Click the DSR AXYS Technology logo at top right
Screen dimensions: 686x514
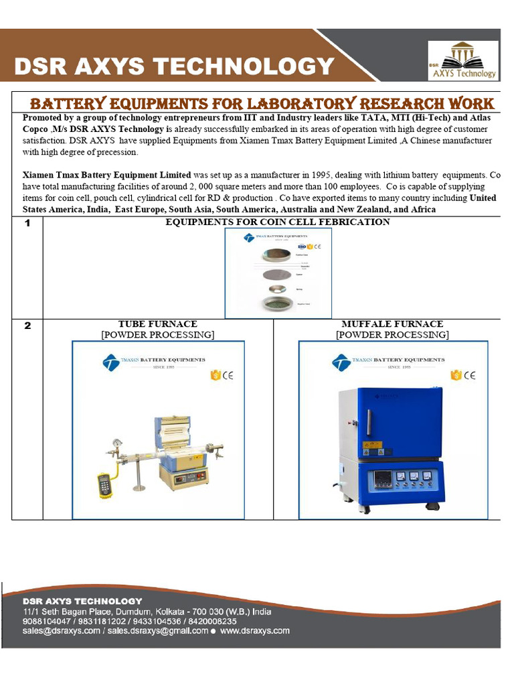pyautogui.click(x=463, y=60)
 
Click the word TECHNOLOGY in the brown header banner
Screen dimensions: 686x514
pyautogui.click(x=262, y=66)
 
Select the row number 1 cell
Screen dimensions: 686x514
pyautogui.click(x=27, y=223)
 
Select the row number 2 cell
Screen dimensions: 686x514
pyautogui.click(x=27, y=326)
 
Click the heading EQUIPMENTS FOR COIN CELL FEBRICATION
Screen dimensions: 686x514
pyautogui.click(x=277, y=222)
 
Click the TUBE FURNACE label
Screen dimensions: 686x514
pyautogui.click(x=157, y=324)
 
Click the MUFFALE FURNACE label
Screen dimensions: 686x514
pyautogui.click(x=392, y=324)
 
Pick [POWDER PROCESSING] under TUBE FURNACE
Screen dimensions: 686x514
pyautogui.click(x=157, y=335)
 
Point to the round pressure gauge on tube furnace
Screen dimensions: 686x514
pyautogui.click(x=118, y=443)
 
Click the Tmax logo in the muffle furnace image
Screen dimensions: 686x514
pyautogui.click(x=341, y=363)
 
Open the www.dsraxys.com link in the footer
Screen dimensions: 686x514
pyautogui.click(x=255, y=630)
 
